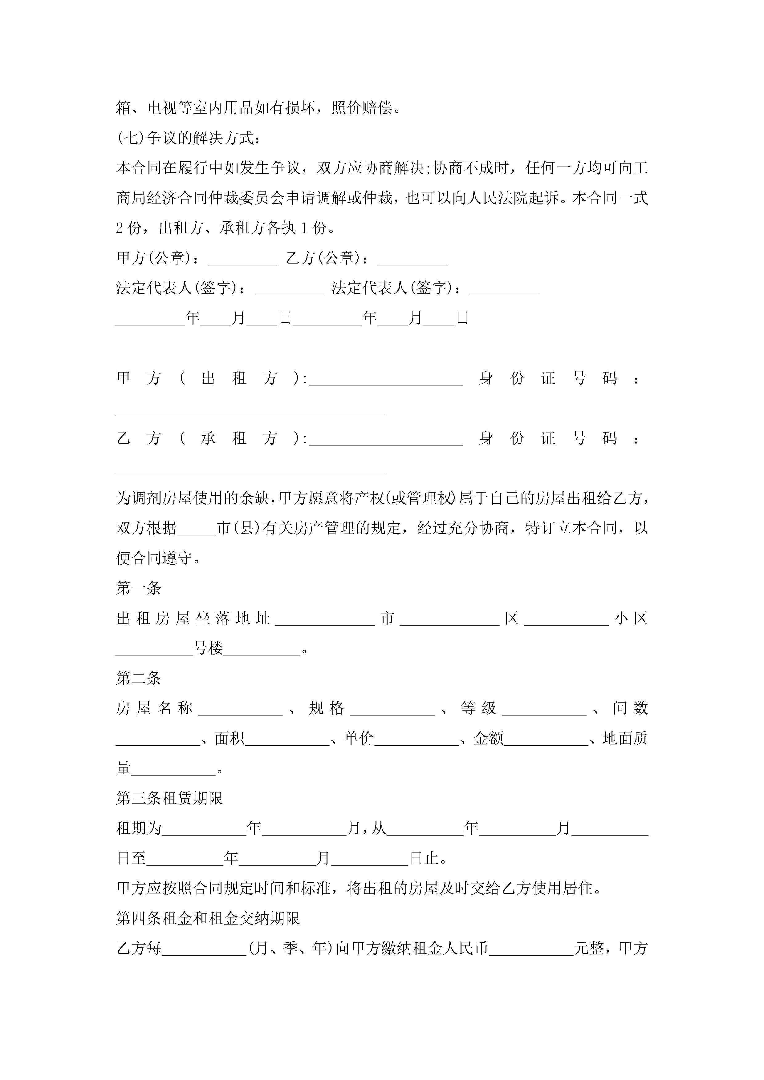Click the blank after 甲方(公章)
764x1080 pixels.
tap(242, 259)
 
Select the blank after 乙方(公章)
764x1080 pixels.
tap(412, 259)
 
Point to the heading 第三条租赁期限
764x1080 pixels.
tap(169, 798)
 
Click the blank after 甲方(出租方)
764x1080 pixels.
tap(386, 379)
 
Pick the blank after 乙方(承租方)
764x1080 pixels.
tap(386, 439)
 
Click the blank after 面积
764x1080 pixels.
tap(287, 739)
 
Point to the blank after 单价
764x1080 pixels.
tap(416, 739)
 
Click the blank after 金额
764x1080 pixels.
tap(546, 739)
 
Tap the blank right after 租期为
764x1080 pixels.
tap(204, 829)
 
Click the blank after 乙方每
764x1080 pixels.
tap(204, 949)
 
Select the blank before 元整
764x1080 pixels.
tap(531, 949)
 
